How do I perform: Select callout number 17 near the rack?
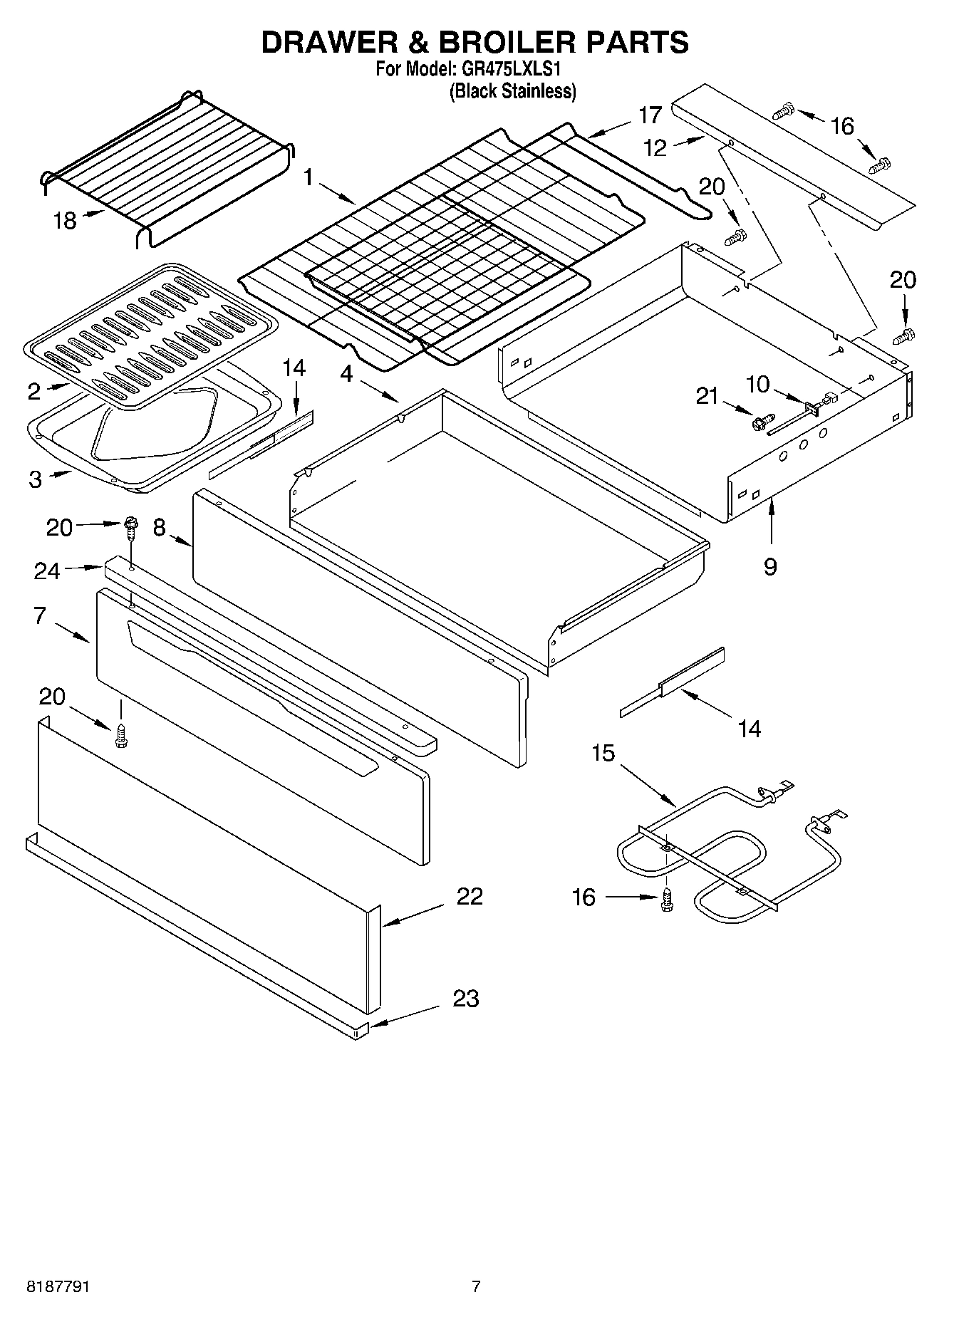[x=650, y=115]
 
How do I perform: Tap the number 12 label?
[x=654, y=147]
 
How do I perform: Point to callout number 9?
[x=770, y=566]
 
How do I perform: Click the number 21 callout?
[x=707, y=395]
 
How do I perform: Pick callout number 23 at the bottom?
[x=465, y=999]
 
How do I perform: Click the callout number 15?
[x=603, y=753]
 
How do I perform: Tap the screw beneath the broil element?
[x=668, y=899]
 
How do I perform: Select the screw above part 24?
[x=130, y=524]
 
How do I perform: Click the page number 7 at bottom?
[x=476, y=1286]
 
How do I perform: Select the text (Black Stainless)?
[x=512, y=91]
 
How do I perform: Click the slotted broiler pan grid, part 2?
[x=142, y=335]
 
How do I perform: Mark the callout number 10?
[x=757, y=385]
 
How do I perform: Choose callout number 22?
[x=470, y=895]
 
